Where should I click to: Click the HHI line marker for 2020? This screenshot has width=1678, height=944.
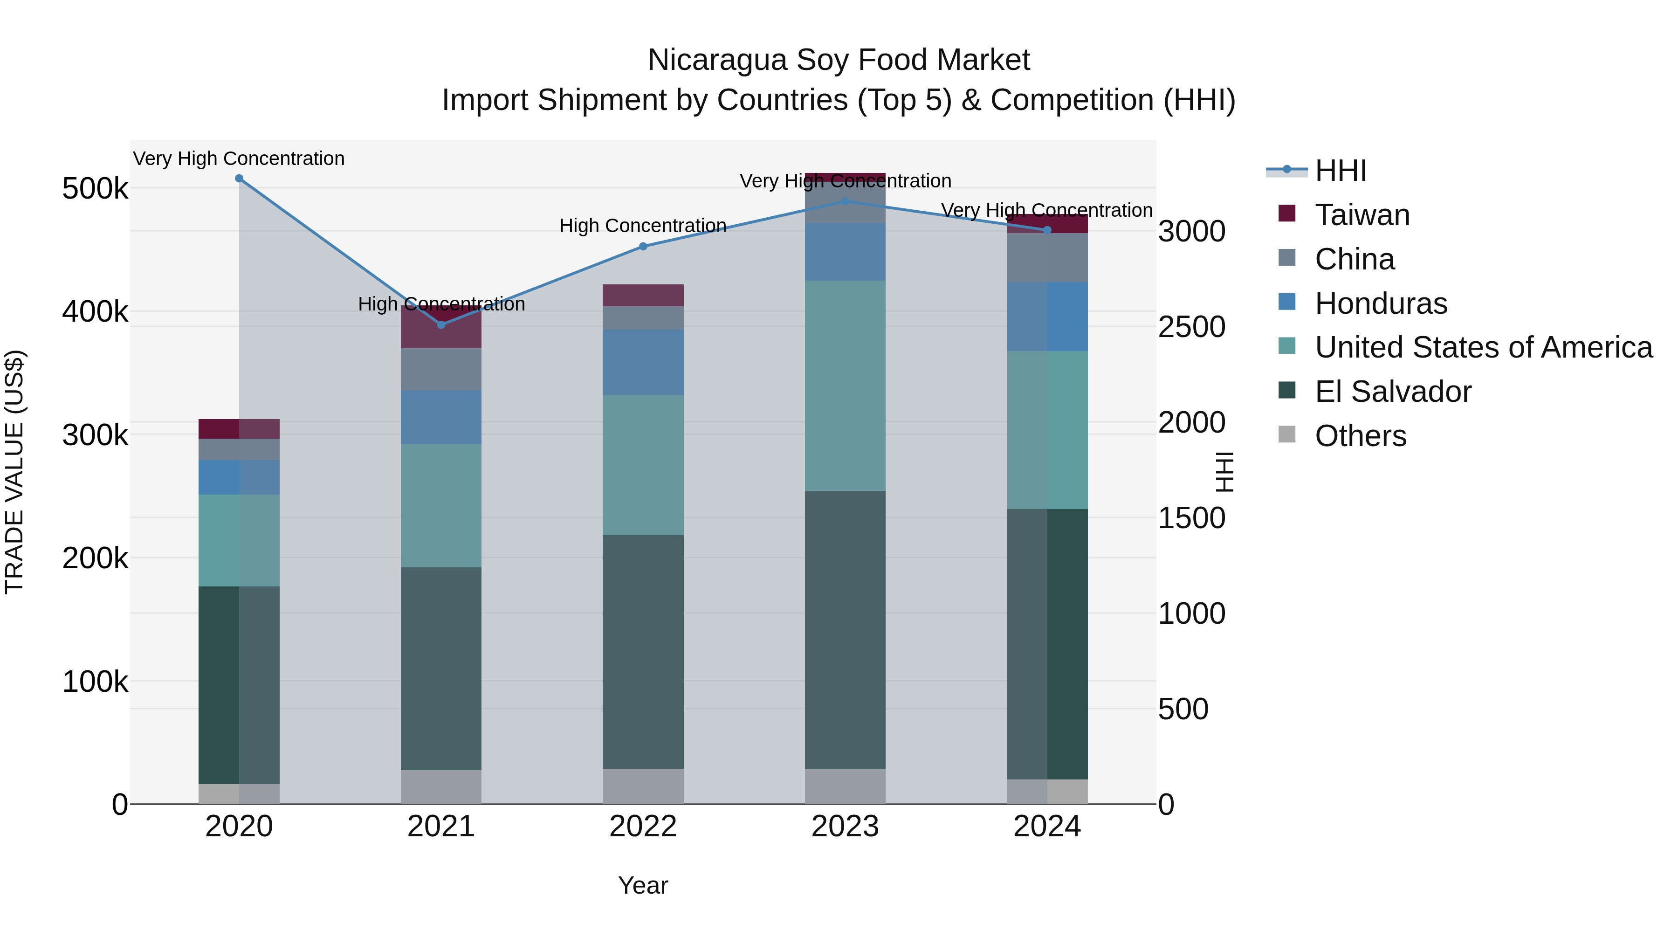click(239, 179)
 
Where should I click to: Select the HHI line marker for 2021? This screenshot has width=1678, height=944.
click(441, 324)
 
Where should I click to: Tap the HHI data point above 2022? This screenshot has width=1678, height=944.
click(643, 246)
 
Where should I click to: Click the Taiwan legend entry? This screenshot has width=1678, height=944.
click(1362, 215)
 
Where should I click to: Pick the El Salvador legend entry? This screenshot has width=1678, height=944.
click(1393, 392)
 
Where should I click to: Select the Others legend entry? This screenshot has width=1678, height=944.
click(1360, 436)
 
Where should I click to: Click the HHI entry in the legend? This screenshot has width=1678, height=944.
click(1341, 171)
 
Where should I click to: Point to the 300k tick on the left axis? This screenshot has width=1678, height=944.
click(95, 435)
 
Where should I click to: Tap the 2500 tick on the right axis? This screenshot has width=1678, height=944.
click(1191, 327)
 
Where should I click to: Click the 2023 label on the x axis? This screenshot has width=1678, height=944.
click(845, 827)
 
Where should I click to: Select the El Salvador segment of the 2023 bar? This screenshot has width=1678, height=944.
click(845, 629)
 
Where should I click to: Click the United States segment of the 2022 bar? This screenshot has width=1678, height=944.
click(643, 465)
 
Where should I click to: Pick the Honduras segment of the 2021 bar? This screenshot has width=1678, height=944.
click(441, 417)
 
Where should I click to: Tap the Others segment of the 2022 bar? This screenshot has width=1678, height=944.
click(643, 786)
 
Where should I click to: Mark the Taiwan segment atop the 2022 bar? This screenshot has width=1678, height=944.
click(643, 295)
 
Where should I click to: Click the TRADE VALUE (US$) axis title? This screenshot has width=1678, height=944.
click(14, 472)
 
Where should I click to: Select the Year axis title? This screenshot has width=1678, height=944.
click(643, 885)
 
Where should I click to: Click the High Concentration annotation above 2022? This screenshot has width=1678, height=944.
click(643, 226)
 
